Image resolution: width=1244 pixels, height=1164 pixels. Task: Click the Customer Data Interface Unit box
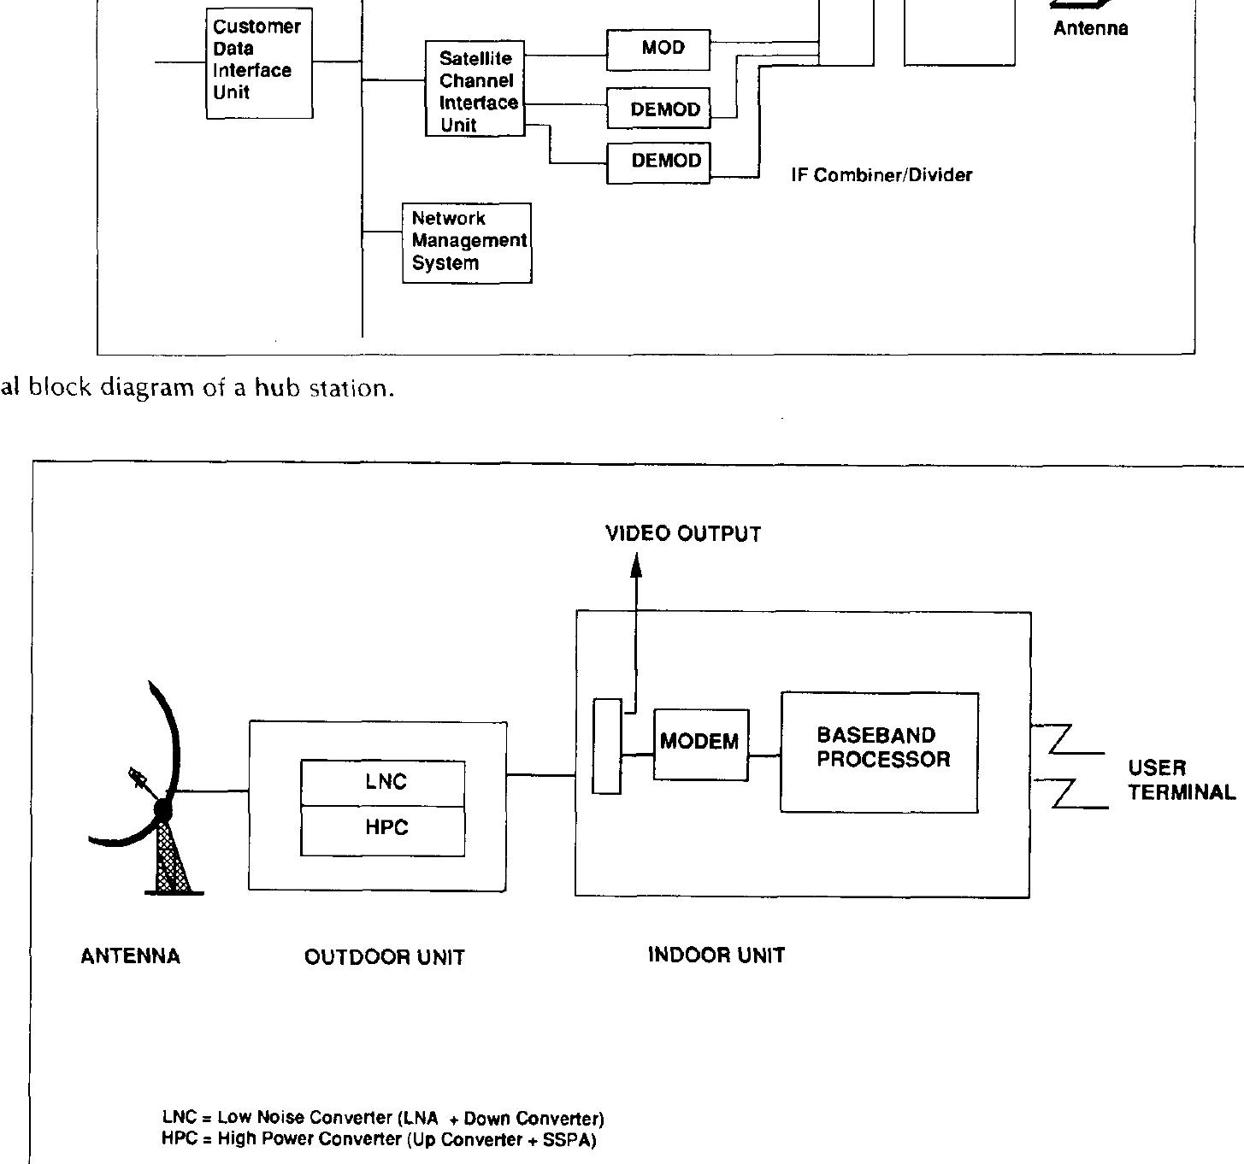(259, 62)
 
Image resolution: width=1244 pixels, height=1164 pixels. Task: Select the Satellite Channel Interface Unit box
(475, 90)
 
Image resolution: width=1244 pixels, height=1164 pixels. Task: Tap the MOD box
(658, 50)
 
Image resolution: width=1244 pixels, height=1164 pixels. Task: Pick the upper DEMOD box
(658, 109)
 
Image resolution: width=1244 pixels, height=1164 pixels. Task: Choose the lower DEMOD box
(658, 162)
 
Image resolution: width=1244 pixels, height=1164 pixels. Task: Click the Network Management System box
(467, 242)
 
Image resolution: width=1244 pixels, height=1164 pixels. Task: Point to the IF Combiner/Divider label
(881, 175)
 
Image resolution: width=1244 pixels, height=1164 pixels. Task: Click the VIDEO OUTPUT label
(682, 534)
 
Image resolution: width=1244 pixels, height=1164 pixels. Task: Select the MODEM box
(700, 744)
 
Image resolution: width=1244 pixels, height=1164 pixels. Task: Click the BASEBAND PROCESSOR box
(879, 752)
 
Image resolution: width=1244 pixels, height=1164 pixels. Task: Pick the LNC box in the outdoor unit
(383, 782)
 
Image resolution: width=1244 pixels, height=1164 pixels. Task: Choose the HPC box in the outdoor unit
(383, 830)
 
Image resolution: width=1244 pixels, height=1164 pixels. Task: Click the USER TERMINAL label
(1181, 779)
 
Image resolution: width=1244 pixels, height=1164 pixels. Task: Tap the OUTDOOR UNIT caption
(384, 957)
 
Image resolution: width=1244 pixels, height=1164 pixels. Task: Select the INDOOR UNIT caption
(716, 955)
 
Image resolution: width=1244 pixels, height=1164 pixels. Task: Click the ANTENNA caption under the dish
(130, 956)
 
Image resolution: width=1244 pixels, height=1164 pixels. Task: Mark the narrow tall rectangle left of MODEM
(607, 746)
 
